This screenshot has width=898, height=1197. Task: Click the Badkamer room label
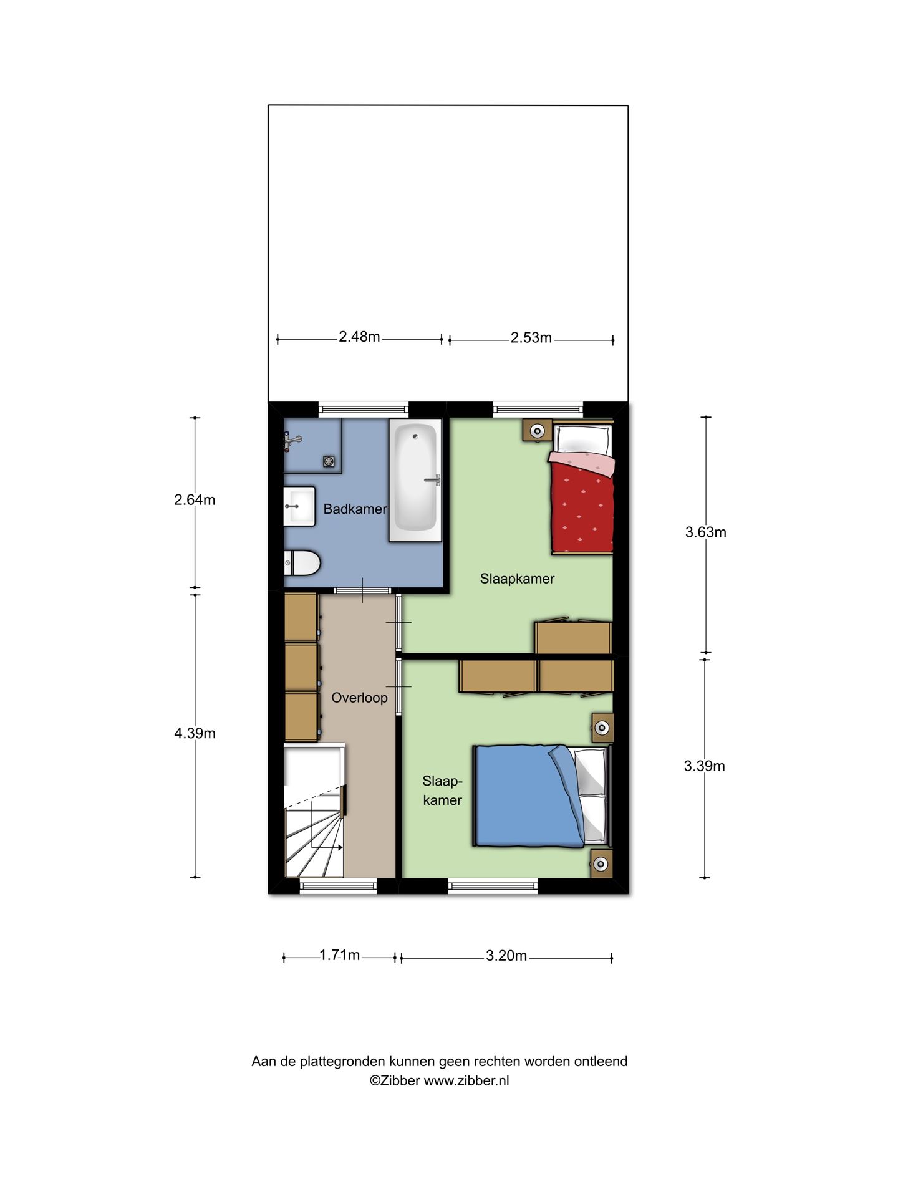click(355, 509)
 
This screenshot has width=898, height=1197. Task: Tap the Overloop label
click(359, 698)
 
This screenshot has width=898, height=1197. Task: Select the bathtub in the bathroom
click(415, 479)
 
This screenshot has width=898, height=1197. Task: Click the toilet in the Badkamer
click(302, 564)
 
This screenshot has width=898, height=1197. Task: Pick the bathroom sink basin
click(300, 506)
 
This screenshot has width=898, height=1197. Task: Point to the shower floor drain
click(329, 461)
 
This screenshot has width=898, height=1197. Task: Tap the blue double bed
click(541, 796)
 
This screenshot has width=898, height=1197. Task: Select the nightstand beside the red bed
click(536, 430)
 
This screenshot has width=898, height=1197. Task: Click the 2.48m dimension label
click(359, 337)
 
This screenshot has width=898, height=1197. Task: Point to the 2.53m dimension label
click(531, 338)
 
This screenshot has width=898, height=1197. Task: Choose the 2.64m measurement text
click(195, 500)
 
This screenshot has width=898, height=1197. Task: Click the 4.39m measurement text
click(195, 734)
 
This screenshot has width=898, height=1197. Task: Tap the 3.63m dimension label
click(706, 532)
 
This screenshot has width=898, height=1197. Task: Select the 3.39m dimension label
click(705, 766)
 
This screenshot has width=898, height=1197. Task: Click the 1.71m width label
click(340, 955)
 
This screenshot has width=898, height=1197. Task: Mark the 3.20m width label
click(506, 956)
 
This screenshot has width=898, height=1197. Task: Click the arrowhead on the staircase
click(340, 848)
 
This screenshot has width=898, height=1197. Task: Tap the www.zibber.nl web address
click(466, 1081)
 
